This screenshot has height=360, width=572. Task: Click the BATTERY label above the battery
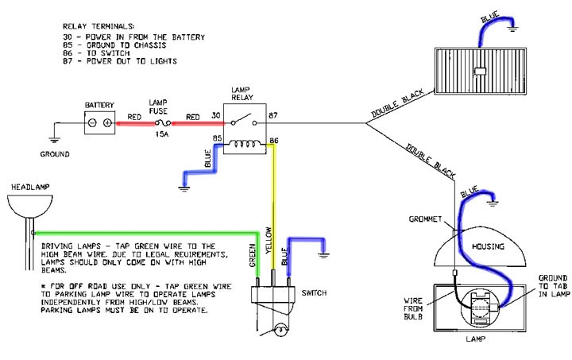tap(100, 103)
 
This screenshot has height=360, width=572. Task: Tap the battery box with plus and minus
tap(100, 123)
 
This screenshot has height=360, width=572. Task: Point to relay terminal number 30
tap(214, 116)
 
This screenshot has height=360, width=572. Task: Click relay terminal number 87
tap(272, 116)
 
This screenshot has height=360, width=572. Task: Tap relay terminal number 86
tap(273, 141)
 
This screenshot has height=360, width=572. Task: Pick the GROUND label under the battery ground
tap(55, 153)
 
